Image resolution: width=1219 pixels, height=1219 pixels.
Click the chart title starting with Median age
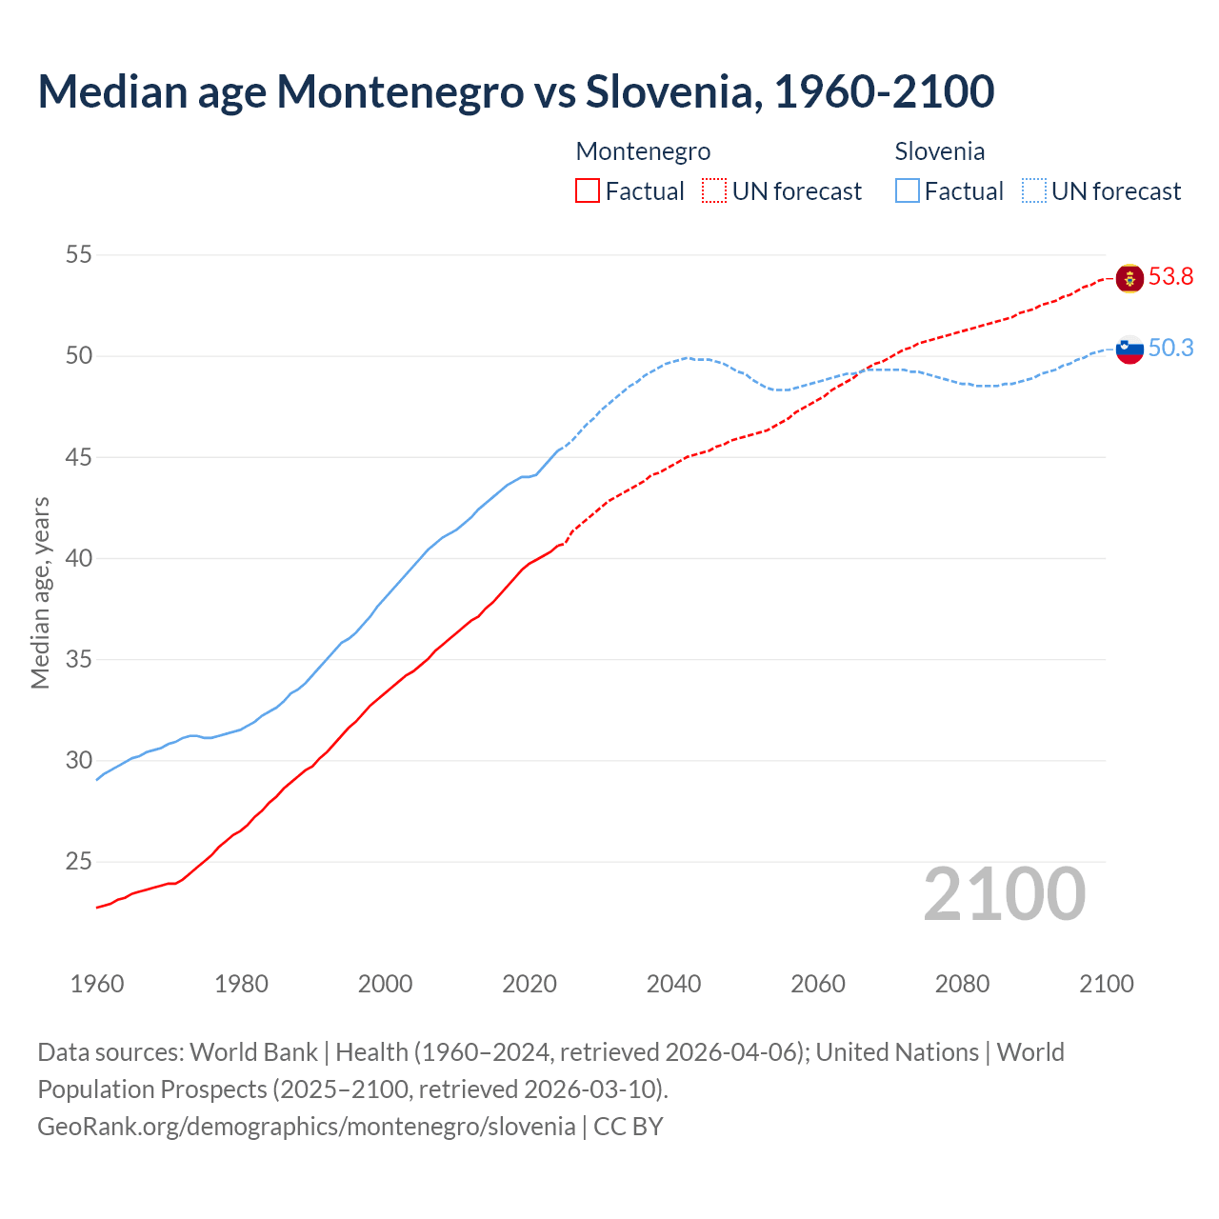pos(515,91)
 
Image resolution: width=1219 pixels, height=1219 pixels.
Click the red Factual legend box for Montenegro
pos(588,191)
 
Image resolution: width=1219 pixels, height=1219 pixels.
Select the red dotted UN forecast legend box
pos(714,191)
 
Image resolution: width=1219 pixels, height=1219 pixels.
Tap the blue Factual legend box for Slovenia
pos(908,191)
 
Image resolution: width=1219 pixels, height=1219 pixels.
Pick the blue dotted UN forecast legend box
pos(1034,191)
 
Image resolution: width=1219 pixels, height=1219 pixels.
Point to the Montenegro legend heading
pos(643,151)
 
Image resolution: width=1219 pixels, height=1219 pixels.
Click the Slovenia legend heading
pos(939,151)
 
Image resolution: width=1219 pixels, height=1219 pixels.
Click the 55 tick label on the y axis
pos(79,254)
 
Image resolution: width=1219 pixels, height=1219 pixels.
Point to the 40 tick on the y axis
pos(79,558)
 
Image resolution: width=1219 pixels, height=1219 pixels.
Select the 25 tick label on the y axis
pos(79,862)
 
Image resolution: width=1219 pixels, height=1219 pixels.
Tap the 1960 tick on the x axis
pos(97,984)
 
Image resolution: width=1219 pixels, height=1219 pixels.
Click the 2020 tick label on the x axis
pos(530,984)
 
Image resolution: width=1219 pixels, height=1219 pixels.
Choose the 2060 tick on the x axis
pos(818,984)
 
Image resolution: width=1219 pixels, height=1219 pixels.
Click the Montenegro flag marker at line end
pos(1129,278)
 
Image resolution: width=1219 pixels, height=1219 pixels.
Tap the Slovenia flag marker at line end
pos(1129,350)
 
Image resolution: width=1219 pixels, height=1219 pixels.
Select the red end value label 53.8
pos(1170,277)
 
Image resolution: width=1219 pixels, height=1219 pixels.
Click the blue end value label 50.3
pos(1170,349)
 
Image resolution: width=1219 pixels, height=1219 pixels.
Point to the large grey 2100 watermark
pos(1005,894)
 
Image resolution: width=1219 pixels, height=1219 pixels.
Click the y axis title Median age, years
pos(40,592)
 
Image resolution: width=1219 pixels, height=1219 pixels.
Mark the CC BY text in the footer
pos(629,1127)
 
